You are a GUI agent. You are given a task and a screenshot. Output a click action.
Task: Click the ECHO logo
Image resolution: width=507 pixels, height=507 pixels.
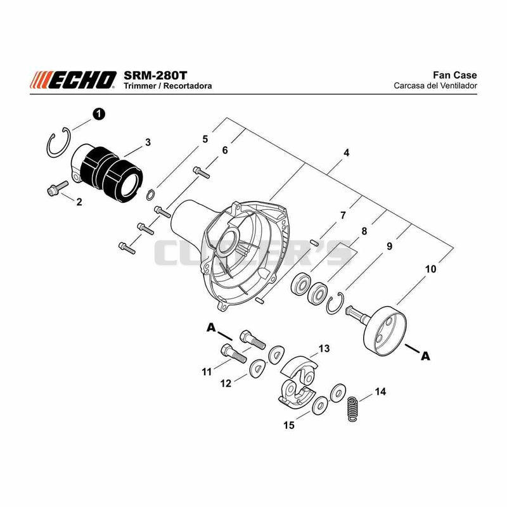pyautogui.click(x=73, y=80)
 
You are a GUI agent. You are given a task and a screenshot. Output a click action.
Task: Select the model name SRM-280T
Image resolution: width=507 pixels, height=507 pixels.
pyautogui.click(x=155, y=75)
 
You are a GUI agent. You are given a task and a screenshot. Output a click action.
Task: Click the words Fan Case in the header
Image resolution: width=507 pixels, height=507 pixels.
pyautogui.click(x=454, y=75)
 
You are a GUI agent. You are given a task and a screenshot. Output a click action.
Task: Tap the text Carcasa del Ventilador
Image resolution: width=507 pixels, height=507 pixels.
pyautogui.click(x=435, y=86)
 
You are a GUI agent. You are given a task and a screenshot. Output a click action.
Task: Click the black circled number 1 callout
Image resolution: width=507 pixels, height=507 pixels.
pyautogui.click(x=99, y=114)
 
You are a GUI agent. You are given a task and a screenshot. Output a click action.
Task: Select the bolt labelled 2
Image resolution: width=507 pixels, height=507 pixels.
pyautogui.click(x=58, y=188)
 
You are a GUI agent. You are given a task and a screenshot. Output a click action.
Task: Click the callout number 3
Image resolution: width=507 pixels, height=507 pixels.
pyautogui.click(x=148, y=142)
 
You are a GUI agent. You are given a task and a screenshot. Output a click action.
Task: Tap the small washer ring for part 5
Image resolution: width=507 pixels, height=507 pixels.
pyautogui.click(x=150, y=195)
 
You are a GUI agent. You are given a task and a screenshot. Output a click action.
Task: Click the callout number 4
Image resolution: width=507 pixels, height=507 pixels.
pyautogui.click(x=346, y=152)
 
